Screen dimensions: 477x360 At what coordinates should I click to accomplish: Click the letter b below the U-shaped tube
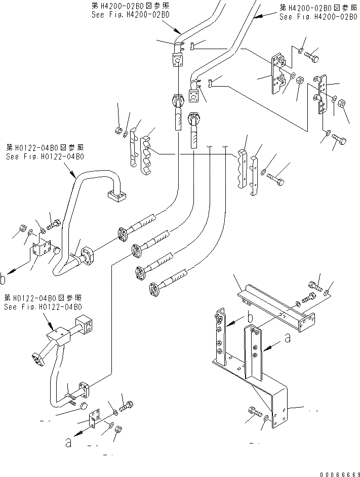(4, 278)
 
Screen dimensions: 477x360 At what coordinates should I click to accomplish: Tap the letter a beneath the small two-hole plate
(68, 442)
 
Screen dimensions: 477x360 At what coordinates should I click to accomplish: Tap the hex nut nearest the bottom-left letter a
(117, 430)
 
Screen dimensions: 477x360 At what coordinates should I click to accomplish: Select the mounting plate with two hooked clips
(277, 74)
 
